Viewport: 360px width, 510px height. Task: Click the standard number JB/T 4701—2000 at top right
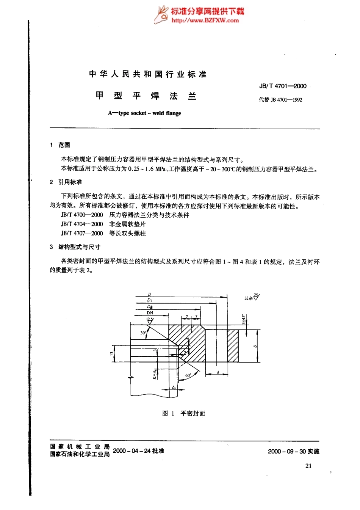(x=283, y=86)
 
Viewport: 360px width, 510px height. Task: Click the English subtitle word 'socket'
(x=138, y=113)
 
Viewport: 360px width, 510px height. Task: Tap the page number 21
(x=308, y=466)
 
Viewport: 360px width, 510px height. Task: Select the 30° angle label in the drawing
(x=143, y=333)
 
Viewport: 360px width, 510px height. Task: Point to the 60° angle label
(x=188, y=375)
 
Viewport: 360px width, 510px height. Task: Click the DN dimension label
(x=150, y=313)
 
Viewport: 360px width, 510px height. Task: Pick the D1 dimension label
(x=150, y=300)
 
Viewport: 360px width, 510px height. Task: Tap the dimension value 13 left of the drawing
(x=112, y=353)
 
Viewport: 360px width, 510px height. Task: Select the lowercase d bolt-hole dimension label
(x=218, y=372)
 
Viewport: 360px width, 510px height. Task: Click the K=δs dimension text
(x=155, y=374)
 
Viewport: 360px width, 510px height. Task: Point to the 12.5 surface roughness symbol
(x=150, y=320)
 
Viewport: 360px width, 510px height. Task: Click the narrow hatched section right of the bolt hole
(x=233, y=345)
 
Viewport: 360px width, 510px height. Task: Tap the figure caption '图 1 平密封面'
(x=184, y=413)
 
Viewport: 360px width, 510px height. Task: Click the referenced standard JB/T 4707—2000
(x=82, y=234)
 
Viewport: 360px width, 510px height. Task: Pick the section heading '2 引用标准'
(x=66, y=182)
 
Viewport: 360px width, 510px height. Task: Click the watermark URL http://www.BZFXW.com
(x=205, y=20)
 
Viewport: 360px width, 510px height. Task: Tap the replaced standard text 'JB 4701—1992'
(x=286, y=100)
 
